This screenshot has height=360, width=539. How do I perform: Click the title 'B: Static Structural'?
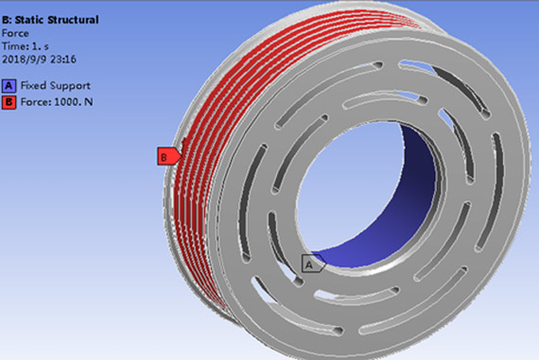50,20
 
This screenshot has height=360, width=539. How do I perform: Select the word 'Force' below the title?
15,33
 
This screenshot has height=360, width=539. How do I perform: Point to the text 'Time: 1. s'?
26,46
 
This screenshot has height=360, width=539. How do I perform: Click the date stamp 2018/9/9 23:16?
39,60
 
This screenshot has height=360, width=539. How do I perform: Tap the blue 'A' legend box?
9,86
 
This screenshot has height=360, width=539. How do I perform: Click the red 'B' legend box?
9,102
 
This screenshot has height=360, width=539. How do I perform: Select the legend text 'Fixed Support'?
56,86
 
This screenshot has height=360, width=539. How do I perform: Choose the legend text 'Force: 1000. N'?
57,102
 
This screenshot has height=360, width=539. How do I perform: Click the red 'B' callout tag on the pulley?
168,156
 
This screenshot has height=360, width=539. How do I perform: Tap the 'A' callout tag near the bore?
313,264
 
